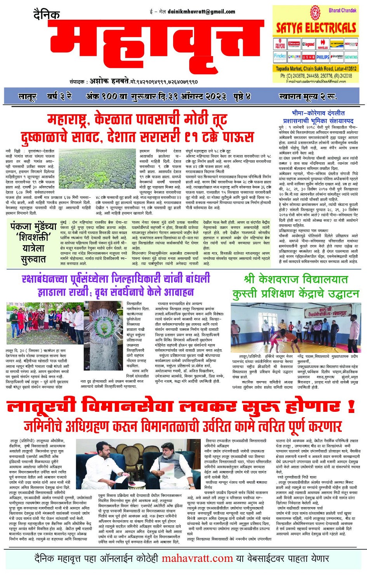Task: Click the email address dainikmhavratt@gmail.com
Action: click(201, 12)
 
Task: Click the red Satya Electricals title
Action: click(316, 28)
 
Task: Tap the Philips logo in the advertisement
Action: click(322, 57)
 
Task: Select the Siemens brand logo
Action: click(351, 57)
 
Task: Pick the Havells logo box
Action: click(322, 45)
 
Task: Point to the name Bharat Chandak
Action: click(342, 10)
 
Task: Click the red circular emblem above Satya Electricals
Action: click(315, 13)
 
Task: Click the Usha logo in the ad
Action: click(308, 57)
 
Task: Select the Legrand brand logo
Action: click(308, 45)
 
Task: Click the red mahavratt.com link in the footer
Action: click(197, 558)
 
